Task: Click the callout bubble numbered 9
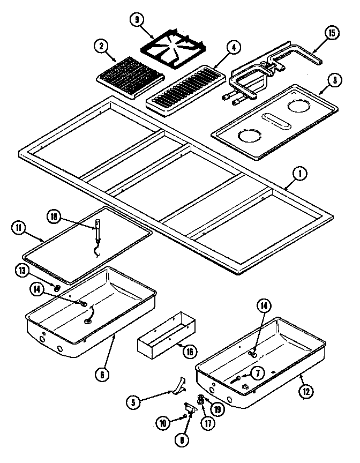coord(137,20)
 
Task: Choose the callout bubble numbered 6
coord(102,374)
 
